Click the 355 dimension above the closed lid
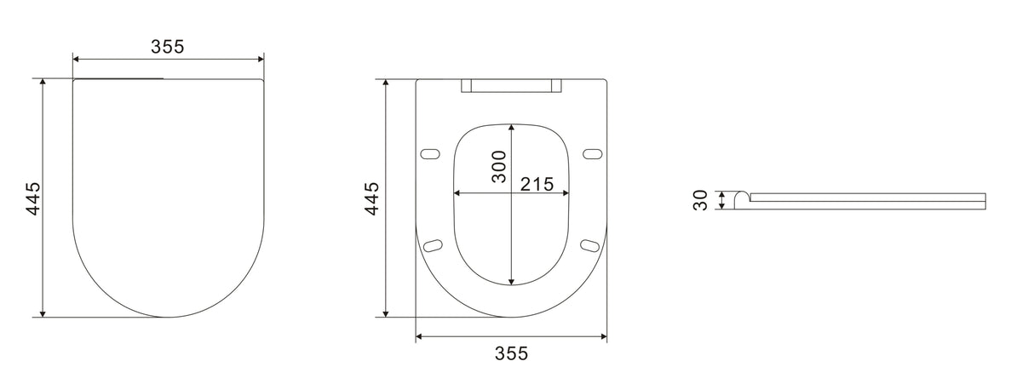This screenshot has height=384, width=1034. tap(168, 47)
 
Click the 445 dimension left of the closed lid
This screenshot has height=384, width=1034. tap(32, 198)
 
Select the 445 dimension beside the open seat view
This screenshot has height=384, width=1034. tap(371, 198)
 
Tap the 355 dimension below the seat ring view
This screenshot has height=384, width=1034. tap(512, 353)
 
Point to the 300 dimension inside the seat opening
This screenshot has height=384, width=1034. tap(499, 166)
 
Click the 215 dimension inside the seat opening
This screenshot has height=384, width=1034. tap(537, 184)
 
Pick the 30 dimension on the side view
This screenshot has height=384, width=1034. tap(701, 200)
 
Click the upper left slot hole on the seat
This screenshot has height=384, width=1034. tap(432, 153)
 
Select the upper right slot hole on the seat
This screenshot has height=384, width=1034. tap(592, 153)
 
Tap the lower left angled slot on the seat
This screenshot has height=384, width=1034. tap(434, 245)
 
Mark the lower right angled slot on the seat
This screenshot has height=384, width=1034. tap(589, 245)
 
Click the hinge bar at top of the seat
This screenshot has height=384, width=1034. tap(512, 85)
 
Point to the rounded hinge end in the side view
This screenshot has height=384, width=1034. tap(741, 198)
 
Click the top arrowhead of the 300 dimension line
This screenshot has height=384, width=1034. tap(511, 126)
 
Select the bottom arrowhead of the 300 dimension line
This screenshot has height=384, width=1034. tap(511, 282)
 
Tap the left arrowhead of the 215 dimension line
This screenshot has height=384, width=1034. tap(457, 193)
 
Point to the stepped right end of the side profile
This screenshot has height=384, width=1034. tap(985, 200)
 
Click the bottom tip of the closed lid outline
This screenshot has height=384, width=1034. tap(168, 317)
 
